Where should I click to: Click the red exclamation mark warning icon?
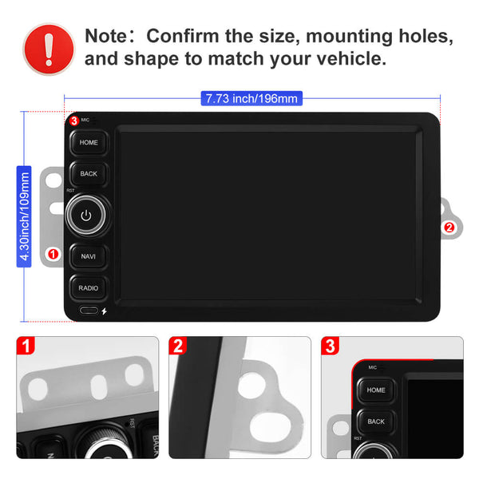(49, 49)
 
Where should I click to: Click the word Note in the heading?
(105, 36)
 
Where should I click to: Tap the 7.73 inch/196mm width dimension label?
(251, 98)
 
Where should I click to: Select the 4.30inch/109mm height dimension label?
(24, 216)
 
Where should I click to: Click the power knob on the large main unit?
(86, 215)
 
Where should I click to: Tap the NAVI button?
(89, 256)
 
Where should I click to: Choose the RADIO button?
(89, 287)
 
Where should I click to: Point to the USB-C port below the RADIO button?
(89, 311)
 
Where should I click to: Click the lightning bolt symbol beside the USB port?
(104, 311)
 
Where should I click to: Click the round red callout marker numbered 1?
(53, 254)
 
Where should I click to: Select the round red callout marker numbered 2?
(449, 228)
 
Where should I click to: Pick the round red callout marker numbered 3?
(74, 121)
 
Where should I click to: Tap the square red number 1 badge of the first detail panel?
(26, 346)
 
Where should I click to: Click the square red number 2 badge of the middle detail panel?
(178, 346)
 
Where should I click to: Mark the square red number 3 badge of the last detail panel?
(331, 346)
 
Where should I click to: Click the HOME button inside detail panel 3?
(376, 390)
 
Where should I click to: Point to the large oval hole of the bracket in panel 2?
(271, 426)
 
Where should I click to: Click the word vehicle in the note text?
(351, 58)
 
